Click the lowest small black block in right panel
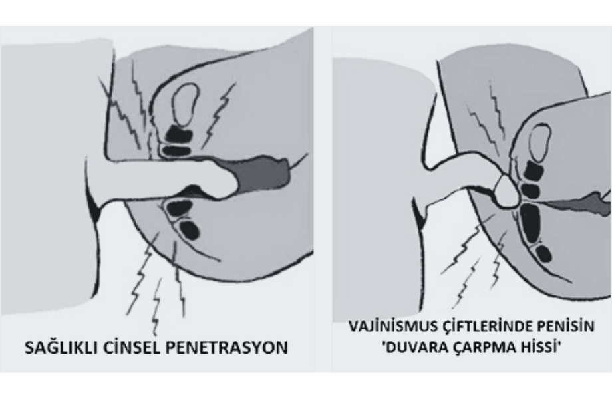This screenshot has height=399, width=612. click(543, 253)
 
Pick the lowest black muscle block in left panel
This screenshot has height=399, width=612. click(190, 230)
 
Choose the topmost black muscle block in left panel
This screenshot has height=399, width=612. click(179, 134)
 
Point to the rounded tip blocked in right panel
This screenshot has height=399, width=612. click(507, 191)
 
